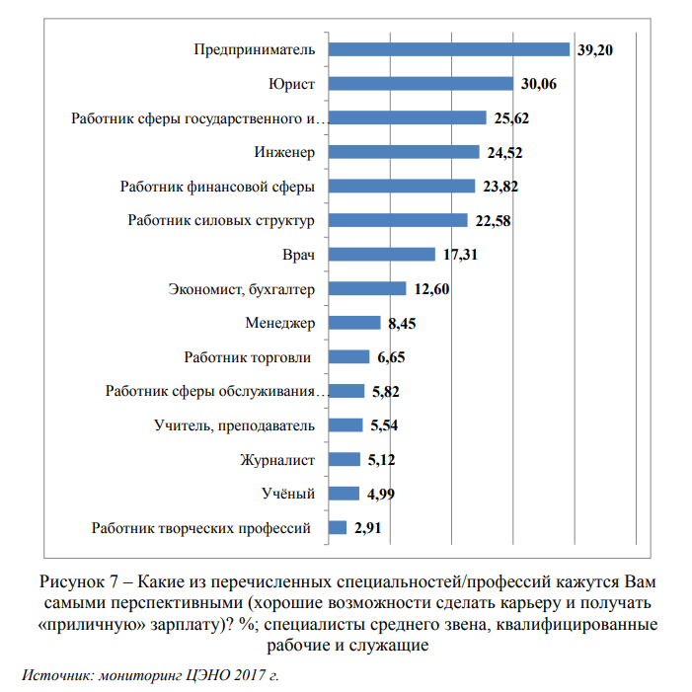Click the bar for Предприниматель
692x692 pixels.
pos(449,49)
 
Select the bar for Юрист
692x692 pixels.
pos(422,83)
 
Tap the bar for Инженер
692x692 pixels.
pos(404,152)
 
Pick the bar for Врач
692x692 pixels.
pos(382,255)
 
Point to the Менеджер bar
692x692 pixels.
pos(354,323)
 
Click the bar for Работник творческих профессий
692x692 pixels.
pos(338,527)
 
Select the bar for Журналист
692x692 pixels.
pos(345,459)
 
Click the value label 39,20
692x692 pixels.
pos(595,50)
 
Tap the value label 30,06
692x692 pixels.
pos(538,84)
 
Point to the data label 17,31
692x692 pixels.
pos(460,255)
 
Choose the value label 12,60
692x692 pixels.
pos(431,289)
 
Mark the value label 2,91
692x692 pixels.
pos(367,528)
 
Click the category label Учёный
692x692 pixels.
pos(288,493)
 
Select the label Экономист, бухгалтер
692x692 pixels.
pos(242,289)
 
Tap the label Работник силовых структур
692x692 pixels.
pos(221,220)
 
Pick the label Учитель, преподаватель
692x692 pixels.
pos(234,425)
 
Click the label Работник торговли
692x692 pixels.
pos(247,357)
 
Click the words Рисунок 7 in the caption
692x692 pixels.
pos(79,582)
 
